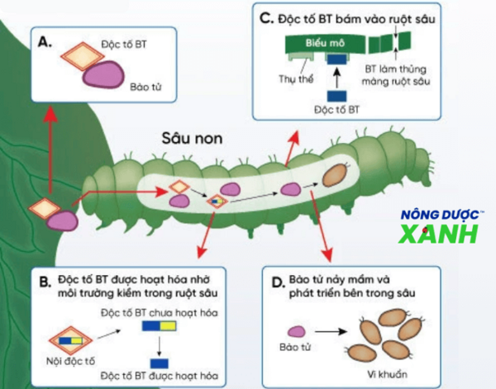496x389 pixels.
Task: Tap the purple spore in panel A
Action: click(x=104, y=75)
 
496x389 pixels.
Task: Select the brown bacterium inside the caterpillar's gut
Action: click(x=334, y=176)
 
